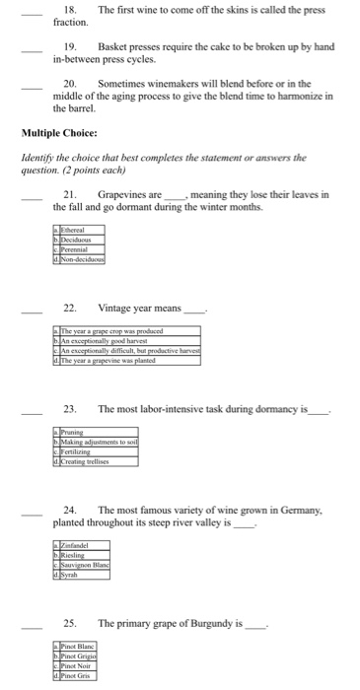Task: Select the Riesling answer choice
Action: click(75, 556)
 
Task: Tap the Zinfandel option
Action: click(77, 545)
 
